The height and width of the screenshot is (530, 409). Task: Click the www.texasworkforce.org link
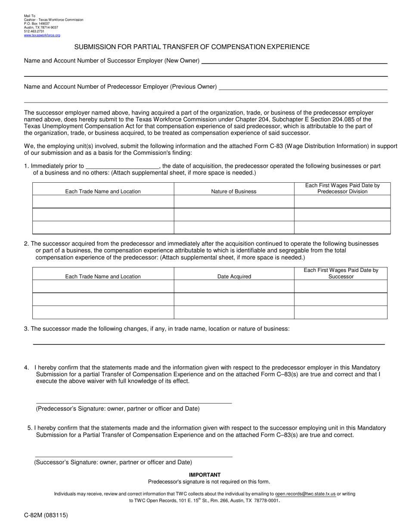(x=42, y=35)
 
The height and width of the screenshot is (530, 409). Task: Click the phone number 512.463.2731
(x=34, y=31)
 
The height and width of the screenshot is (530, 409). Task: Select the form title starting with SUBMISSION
(x=192, y=47)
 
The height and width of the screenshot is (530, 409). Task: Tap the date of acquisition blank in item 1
(x=123, y=167)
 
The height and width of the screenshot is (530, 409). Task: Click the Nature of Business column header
(x=234, y=191)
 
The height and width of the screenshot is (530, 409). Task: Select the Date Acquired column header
(x=234, y=277)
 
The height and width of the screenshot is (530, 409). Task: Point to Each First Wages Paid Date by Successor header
(x=341, y=273)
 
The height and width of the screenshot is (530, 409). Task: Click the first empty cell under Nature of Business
(x=234, y=202)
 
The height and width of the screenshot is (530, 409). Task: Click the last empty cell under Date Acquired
(x=234, y=312)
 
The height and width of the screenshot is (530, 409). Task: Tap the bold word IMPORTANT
(x=205, y=475)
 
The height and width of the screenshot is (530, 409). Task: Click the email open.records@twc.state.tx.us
(x=305, y=494)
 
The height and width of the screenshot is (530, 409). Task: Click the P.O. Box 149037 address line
(x=37, y=24)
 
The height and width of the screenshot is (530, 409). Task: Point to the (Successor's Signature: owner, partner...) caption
(x=113, y=462)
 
